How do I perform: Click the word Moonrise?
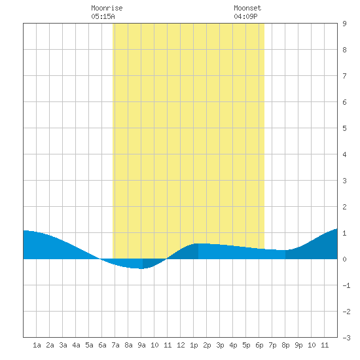pos(107,8)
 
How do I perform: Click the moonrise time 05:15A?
pos(103,16)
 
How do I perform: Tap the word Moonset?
pos(247,8)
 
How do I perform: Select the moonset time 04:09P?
pos(245,16)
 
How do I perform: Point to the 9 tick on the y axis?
pos(344,24)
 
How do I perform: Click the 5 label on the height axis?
pos(344,128)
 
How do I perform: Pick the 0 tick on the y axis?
pos(344,259)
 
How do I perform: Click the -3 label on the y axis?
pos(346,338)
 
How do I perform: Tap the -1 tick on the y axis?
pos(346,285)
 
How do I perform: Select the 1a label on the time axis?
pos(37,345)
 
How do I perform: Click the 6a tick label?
pos(102,345)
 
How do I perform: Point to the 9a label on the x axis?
pos(141,345)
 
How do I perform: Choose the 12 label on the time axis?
pos(181,345)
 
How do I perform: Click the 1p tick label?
pos(194,345)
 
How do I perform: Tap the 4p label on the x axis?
pos(233,345)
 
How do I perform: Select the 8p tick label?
pos(285,345)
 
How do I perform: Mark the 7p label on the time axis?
pos(272,345)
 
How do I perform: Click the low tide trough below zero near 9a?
pos(142,268)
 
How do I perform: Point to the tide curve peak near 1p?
pos(198,243)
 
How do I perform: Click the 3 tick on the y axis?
pos(344,181)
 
